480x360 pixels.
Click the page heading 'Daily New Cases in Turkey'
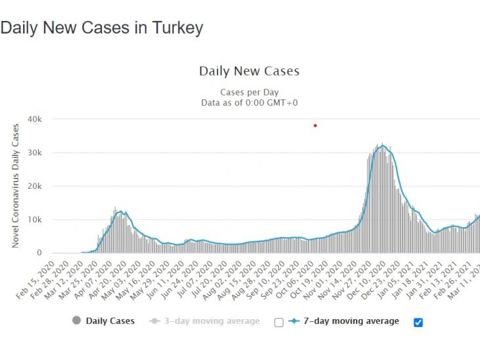coord(102,28)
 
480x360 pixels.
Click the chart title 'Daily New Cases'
coord(249,71)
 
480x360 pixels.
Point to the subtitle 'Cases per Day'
coord(249,93)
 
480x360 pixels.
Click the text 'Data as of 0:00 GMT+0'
coord(249,103)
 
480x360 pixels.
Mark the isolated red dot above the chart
coord(316,125)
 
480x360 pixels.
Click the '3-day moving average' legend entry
coord(210,321)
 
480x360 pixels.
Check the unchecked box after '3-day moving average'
coord(279,322)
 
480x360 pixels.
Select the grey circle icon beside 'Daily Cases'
coord(76,321)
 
